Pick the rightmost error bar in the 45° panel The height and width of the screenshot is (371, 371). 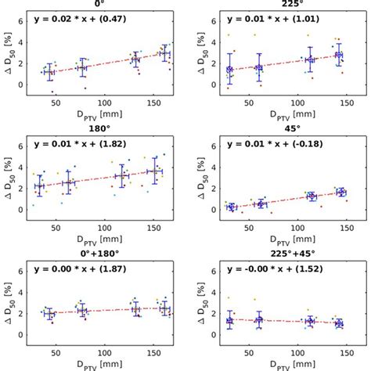(x=340, y=192)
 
